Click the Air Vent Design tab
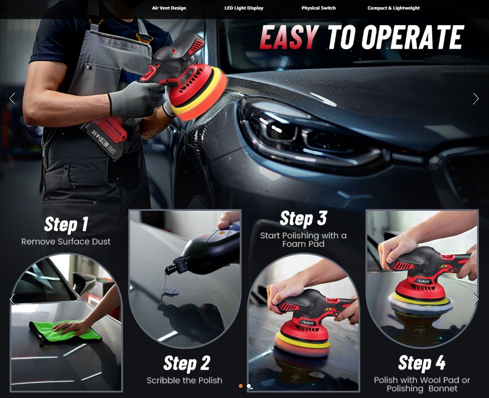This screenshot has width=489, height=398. pyautogui.click(x=169, y=8)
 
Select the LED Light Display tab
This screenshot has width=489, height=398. pyautogui.click(x=244, y=8)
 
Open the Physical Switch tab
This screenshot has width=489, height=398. pyautogui.click(x=319, y=8)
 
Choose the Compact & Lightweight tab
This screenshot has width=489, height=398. pyautogui.click(x=394, y=8)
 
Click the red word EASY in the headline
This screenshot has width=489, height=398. pyautogui.click(x=289, y=37)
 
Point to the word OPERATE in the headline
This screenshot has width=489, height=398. pyautogui.click(x=413, y=37)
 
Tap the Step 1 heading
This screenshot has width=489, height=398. pyautogui.click(x=66, y=224)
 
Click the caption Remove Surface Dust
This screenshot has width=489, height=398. pyautogui.click(x=66, y=242)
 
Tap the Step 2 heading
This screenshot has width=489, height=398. pyautogui.click(x=186, y=363)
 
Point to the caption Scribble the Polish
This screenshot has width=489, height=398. pyautogui.click(x=184, y=380)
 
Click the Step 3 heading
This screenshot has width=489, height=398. pyautogui.click(x=303, y=218)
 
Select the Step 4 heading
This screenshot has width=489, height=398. pyautogui.click(x=422, y=363)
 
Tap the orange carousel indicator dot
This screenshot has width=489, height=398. pyautogui.click(x=241, y=386)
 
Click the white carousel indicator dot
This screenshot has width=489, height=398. pyautogui.click(x=249, y=386)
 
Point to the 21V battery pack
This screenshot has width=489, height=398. pyautogui.click(x=105, y=138)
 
